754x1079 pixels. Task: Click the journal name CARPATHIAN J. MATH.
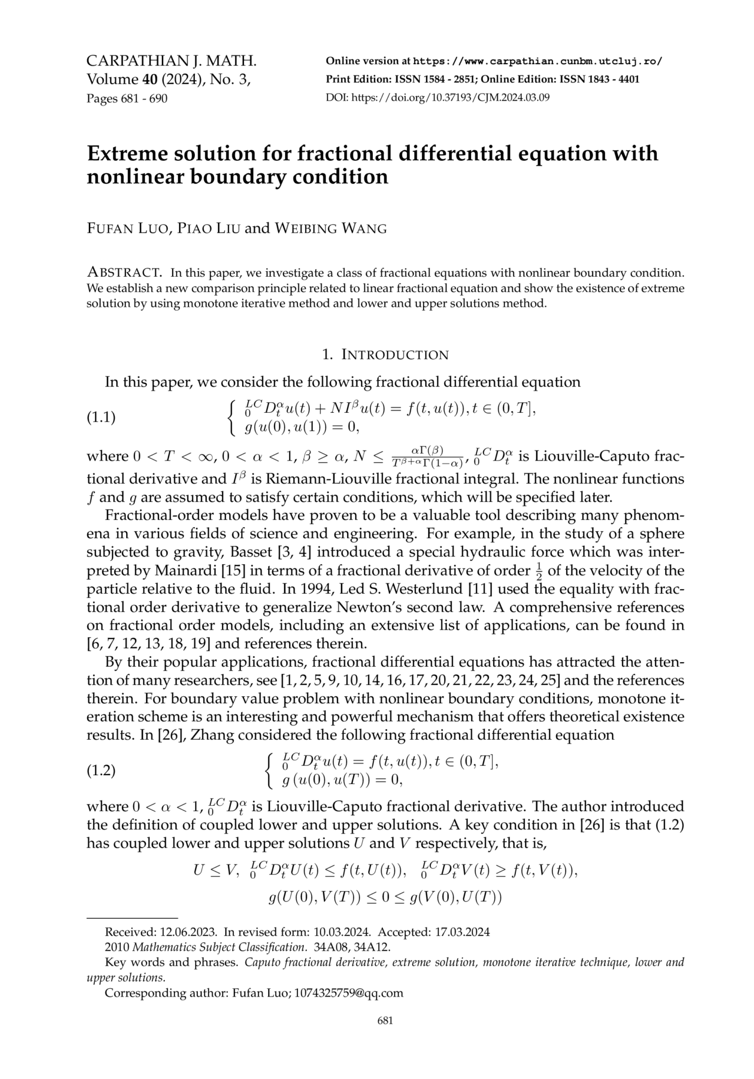click(x=171, y=61)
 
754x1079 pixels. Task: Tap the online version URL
click(x=538, y=61)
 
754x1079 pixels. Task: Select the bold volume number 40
click(x=149, y=80)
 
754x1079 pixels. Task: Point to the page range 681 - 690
click(x=141, y=98)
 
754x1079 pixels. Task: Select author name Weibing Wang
click(x=331, y=229)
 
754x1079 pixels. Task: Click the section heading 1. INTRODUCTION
click(x=385, y=355)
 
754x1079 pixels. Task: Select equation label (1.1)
click(x=101, y=418)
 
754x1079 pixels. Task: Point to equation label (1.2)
click(x=101, y=770)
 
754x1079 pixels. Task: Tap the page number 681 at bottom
click(x=385, y=1021)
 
